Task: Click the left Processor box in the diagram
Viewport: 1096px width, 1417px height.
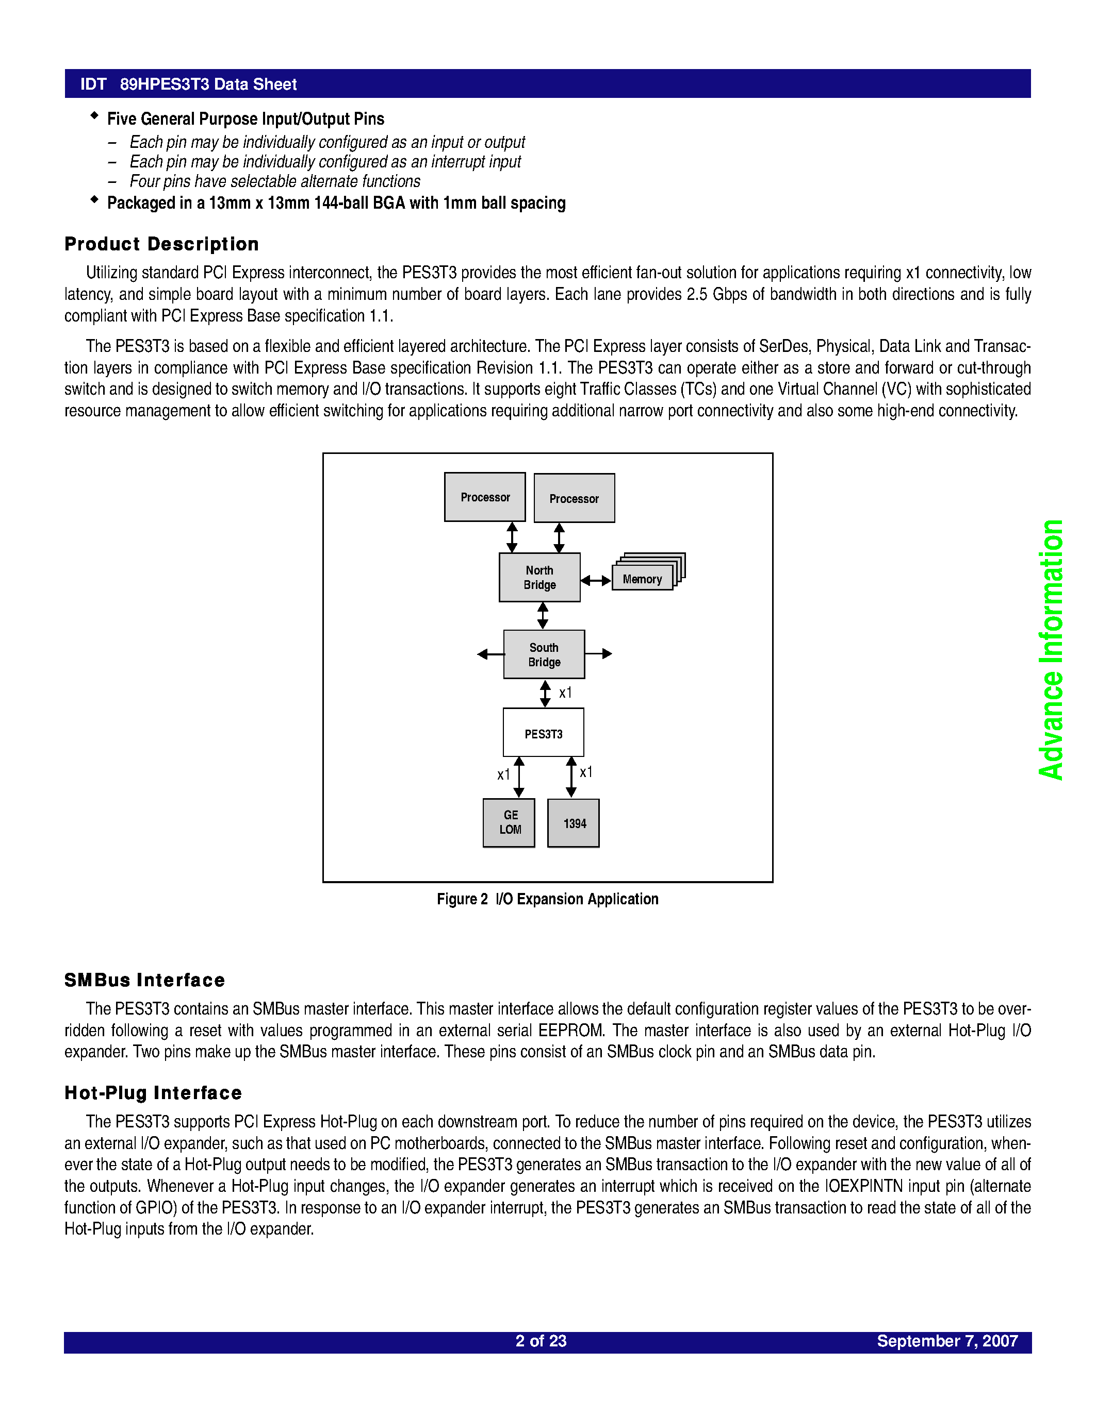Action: click(x=484, y=497)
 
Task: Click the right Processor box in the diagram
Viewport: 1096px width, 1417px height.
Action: click(x=574, y=498)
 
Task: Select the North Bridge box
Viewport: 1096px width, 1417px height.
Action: click(x=539, y=578)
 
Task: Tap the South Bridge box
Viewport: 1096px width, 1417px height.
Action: click(x=544, y=654)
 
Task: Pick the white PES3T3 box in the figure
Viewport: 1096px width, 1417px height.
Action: click(x=544, y=733)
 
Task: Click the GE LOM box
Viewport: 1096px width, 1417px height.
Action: click(x=509, y=823)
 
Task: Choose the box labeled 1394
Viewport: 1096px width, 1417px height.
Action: click(x=574, y=823)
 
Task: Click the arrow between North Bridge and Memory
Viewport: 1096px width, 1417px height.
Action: click(x=595, y=581)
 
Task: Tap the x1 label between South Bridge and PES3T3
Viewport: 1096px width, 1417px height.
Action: click(x=565, y=693)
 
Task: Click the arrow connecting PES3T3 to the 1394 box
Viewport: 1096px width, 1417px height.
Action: click(x=571, y=777)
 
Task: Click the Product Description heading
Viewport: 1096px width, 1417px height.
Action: click(x=161, y=244)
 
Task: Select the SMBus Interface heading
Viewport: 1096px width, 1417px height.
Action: click(x=145, y=981)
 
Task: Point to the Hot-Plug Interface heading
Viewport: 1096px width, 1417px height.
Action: click(x=153, y=1093)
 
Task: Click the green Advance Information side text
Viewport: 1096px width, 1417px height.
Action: click(x=1051, y=649)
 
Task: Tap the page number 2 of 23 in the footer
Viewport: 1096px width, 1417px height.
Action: click(x=541, y=1341)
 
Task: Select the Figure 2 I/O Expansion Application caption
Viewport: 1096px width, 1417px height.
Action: click(x=547, y=899)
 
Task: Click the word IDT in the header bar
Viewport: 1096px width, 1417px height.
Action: click(x=93, y=85)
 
